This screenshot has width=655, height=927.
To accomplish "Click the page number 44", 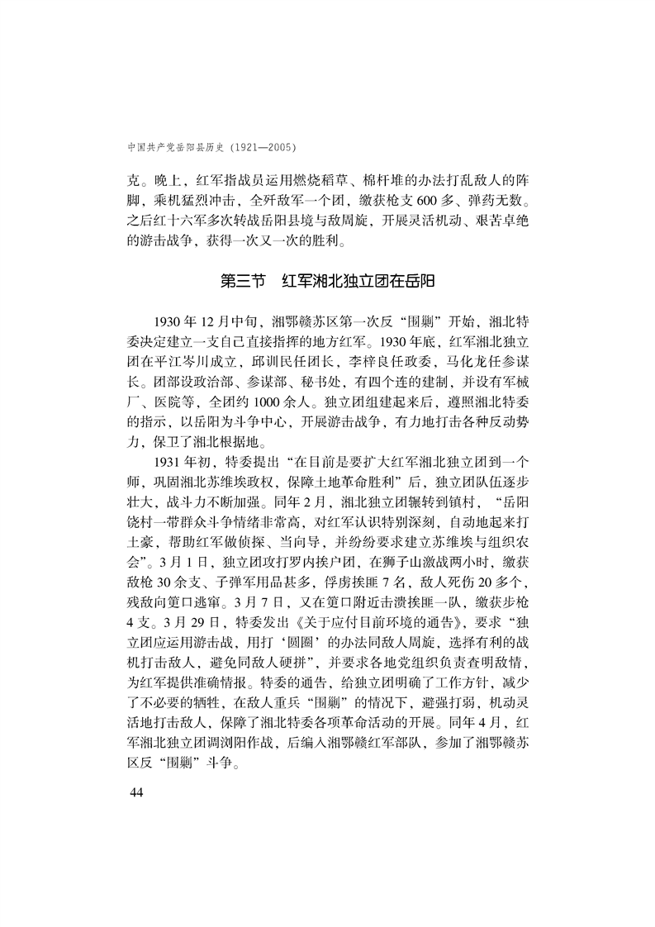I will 131,793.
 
